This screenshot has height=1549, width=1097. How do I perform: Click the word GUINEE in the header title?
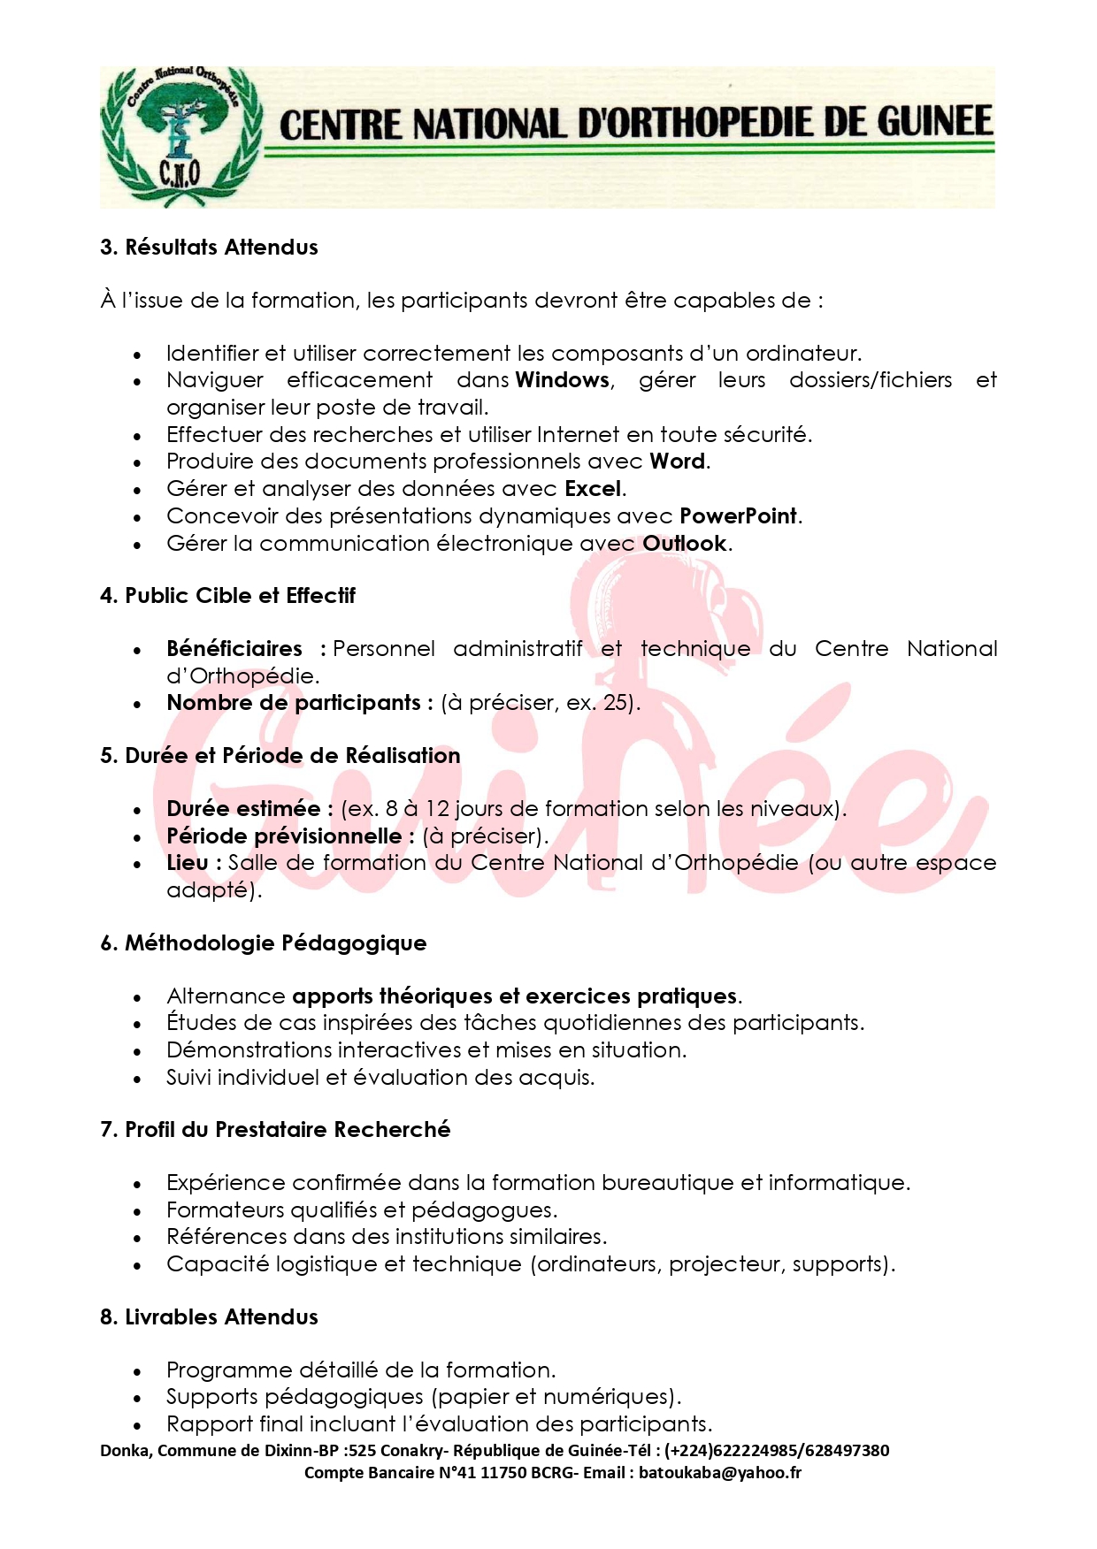[934, 123]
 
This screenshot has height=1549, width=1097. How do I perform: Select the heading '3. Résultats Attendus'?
[209, 248]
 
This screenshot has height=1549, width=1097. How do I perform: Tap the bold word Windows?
[563, 380]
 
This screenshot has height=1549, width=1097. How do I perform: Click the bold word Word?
[677, 462]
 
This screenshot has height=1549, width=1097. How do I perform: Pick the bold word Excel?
[594, 489]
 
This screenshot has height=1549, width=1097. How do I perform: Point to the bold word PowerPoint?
[738, 516]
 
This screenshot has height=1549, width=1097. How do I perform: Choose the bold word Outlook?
[685, 544]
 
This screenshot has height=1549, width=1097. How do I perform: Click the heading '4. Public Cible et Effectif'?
[227, 596]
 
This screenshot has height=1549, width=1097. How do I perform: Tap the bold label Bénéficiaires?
[234, 649]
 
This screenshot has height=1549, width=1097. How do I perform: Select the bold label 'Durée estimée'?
[243, 809]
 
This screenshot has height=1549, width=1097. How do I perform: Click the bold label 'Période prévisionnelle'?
[284, 836]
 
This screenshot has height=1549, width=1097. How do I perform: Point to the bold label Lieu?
[188, 863]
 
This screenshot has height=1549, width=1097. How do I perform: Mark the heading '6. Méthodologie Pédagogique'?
[263, 943]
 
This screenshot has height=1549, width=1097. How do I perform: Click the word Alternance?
[226, 996]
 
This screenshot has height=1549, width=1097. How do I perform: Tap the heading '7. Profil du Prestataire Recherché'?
[275, 1130]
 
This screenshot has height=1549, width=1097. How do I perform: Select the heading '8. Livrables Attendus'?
[209, 1317]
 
